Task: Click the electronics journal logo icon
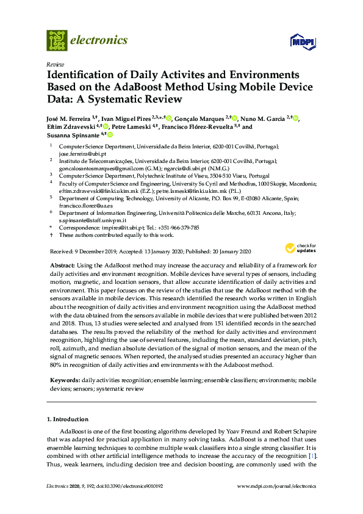pos(57,40)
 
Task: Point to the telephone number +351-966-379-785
pos(176,227)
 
